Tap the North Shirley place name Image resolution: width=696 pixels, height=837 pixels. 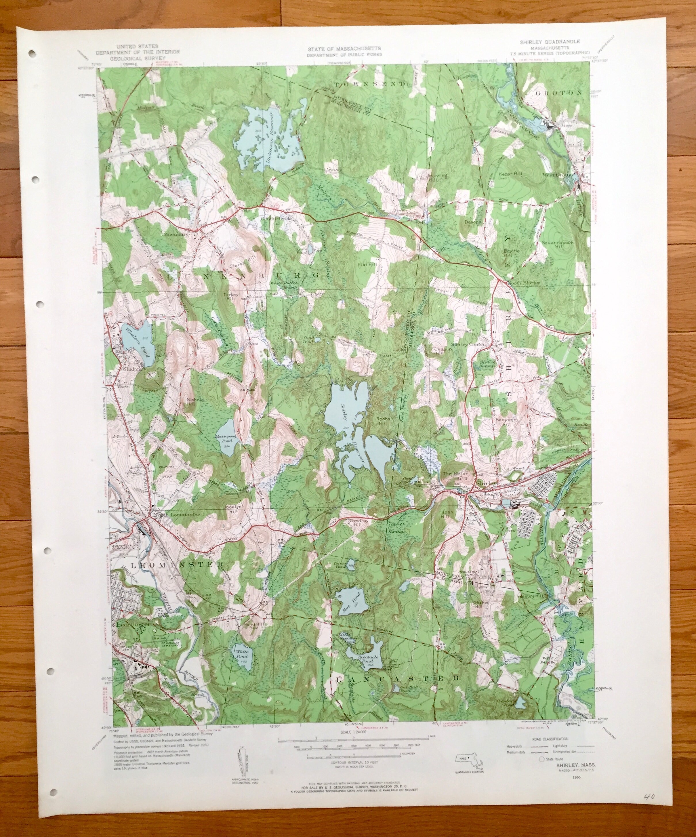pos(523,283)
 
